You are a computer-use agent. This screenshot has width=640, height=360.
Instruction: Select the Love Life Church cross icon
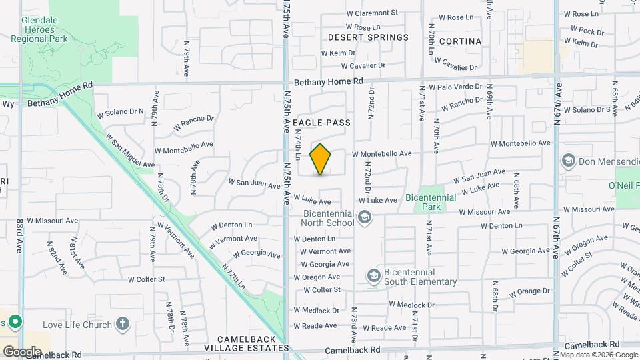point(121,324)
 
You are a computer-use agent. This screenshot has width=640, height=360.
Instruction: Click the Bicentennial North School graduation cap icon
point(365,217)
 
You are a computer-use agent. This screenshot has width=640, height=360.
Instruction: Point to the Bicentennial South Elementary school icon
point(373,276)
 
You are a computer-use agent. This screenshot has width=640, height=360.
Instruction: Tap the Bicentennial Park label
point(431,202)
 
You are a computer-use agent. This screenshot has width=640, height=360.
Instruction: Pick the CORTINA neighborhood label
point(460,41)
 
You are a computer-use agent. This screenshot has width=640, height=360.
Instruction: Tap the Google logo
point(21,351)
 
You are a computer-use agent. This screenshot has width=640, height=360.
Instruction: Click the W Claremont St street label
point(372,13)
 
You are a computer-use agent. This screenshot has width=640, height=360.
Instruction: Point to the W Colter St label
point(322,289)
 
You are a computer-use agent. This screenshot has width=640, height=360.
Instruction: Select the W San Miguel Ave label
point(129,150)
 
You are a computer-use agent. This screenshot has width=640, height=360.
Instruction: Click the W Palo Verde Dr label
point(455,87)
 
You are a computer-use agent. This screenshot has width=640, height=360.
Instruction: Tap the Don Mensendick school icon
point(568,160)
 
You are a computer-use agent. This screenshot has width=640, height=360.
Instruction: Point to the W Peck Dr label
point(587,31)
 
